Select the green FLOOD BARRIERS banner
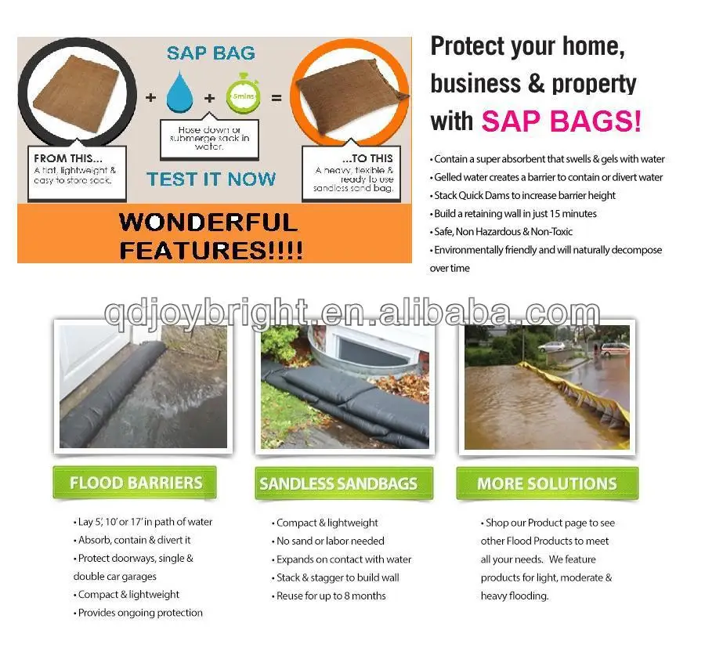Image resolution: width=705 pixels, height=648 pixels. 135,483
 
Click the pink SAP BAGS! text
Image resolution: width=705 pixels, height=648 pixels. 561,121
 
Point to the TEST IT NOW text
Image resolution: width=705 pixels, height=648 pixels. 211,179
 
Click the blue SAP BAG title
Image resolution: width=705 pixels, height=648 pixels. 211,53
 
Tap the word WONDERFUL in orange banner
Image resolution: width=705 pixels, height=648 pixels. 208,222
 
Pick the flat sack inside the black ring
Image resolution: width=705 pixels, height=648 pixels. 74,90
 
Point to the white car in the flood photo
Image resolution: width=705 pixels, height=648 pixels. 555,346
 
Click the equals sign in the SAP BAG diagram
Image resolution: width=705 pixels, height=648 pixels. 276,100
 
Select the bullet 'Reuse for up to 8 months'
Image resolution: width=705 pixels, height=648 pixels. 331,596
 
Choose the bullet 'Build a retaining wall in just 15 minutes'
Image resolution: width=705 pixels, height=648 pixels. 515,213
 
